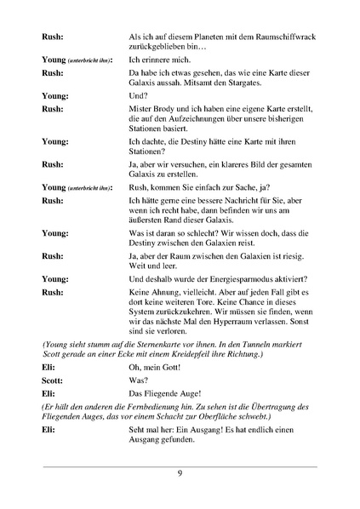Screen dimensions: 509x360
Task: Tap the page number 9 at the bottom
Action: click(180, 475)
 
